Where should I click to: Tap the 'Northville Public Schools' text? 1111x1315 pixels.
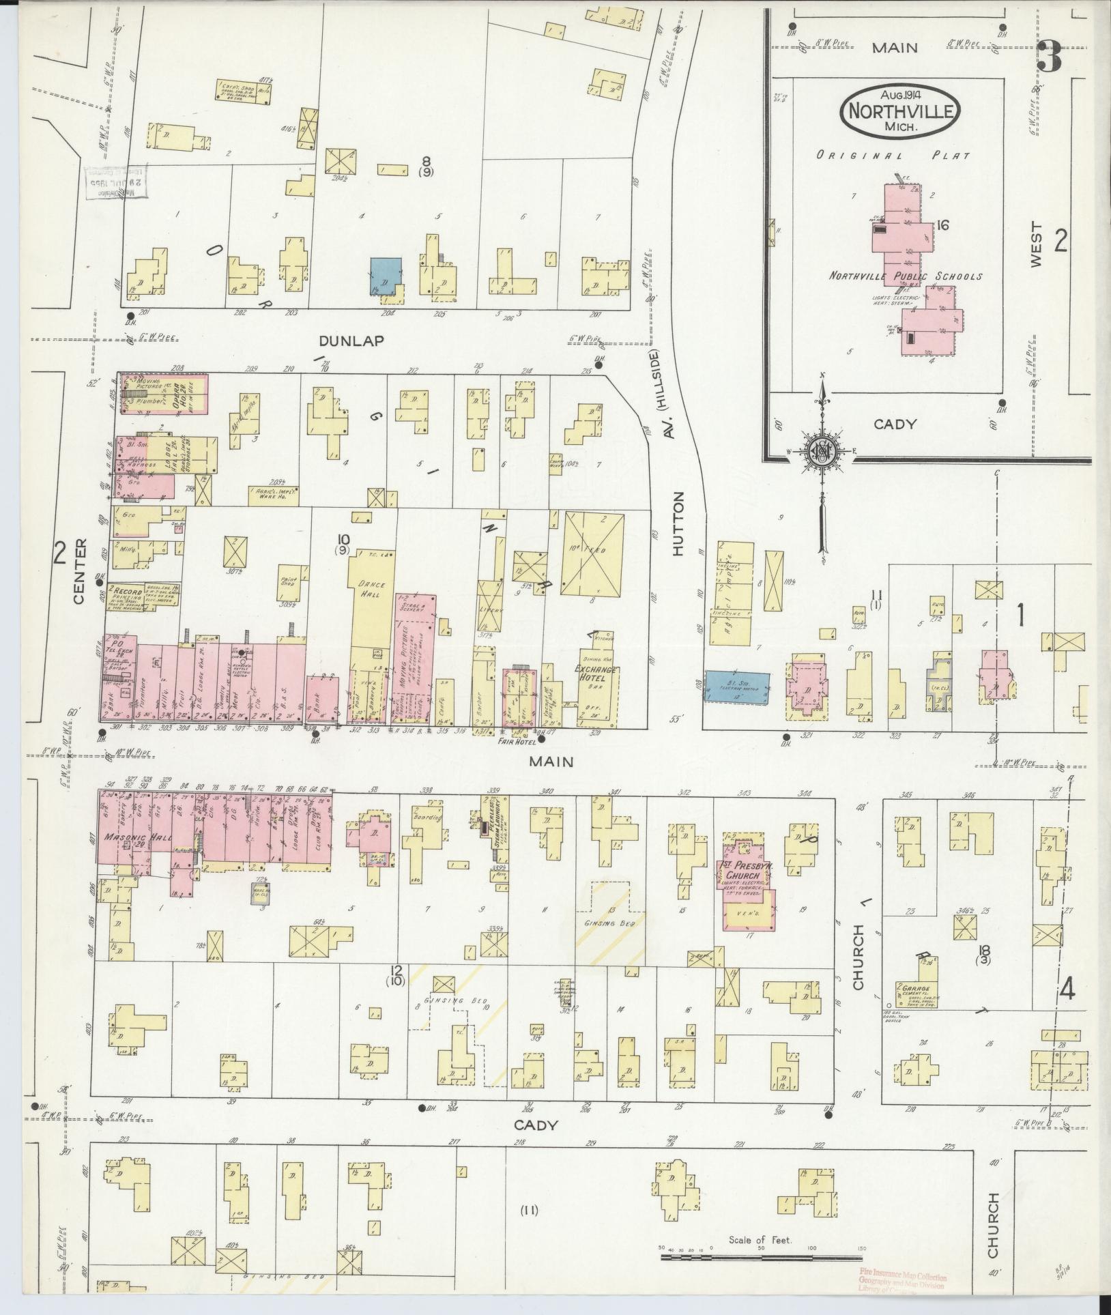point(905,276)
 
